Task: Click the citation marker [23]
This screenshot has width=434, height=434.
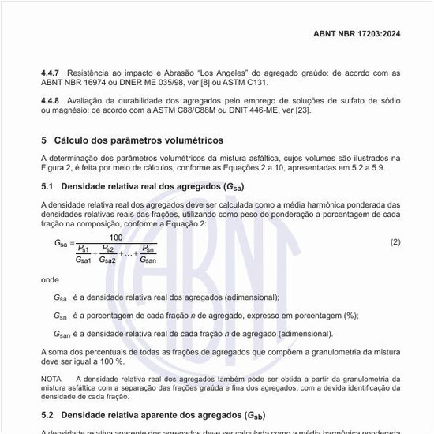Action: click(x=302, y=110)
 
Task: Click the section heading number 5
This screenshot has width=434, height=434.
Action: click(x=44, y=140)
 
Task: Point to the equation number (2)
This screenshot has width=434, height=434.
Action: click(x=395, y=241)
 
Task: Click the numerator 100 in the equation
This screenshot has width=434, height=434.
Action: click(x=116, y=238)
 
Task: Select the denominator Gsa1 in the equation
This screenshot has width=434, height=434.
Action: click(x=84, y=259)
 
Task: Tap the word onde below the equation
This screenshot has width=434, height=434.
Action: click(x=50, y=279)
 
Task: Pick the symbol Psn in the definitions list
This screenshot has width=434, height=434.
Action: click(x=61, y=316)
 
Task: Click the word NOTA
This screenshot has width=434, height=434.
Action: click(x=51, y=380)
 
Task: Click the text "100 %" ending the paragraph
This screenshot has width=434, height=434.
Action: click(x=111, y=361)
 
